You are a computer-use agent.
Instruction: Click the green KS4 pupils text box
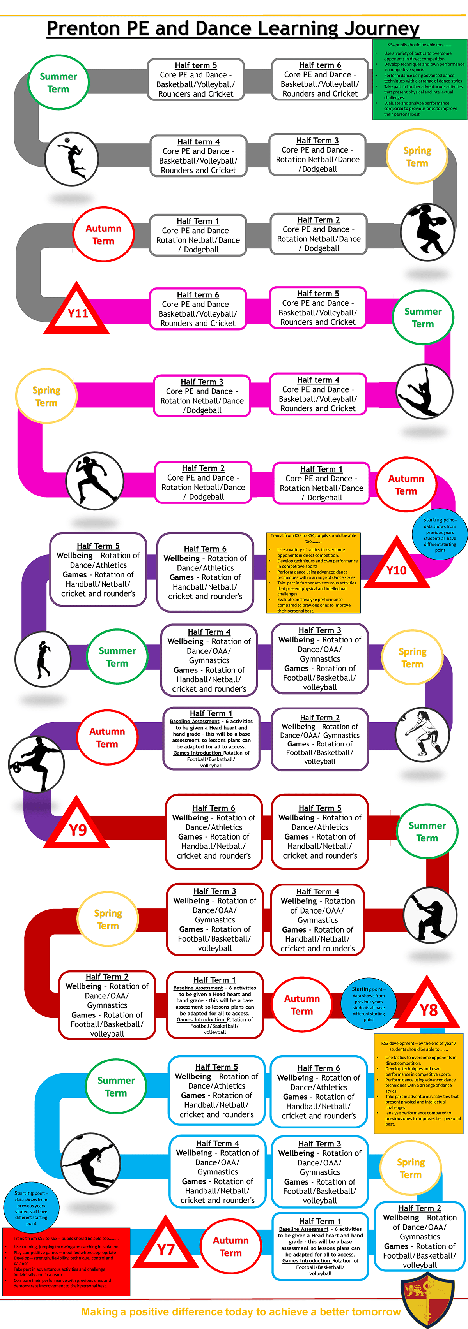click(x=419, y=79)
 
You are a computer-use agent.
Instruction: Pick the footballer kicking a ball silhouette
click(x=36, y=764)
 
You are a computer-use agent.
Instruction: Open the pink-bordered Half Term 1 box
click(x=321, y=483)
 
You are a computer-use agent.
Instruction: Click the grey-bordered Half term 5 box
click(x=196, y=79)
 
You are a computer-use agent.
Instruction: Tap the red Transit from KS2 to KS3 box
click(x=66, y=1261)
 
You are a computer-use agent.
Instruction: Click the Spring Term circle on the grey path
click(x=417, y=157)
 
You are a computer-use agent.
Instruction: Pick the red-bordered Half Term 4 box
click(x=318, y=919)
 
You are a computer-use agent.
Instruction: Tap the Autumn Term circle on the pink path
click(x=406, y=484)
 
